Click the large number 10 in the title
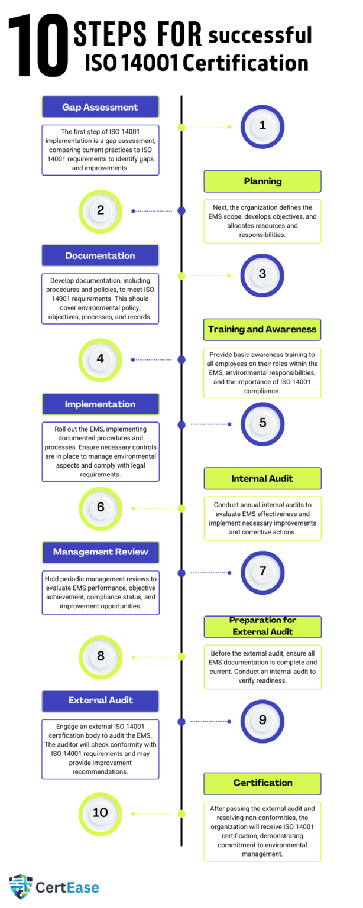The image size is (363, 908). click(38, 46)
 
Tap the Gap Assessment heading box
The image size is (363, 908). click(100, 107)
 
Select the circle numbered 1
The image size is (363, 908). click(262, 127)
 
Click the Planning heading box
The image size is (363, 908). click(262, 181)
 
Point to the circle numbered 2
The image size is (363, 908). click(100, 211)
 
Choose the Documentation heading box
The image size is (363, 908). click(100, 255)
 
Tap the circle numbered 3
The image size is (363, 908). click(262, 275)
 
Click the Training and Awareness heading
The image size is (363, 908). click(262, 329)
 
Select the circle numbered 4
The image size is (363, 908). click(100, 360)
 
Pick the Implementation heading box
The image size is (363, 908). click(100, 404)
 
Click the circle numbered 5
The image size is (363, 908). click(262, 424)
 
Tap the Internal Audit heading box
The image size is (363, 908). click(262, 478)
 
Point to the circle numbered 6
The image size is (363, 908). click(100, 509)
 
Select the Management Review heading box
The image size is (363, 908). click(100, 552)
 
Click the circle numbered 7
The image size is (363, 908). click(262, 572)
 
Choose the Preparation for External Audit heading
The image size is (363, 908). click(262, 626)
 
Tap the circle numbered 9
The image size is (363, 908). click(262, 721)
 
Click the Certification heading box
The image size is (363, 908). click(262, 783)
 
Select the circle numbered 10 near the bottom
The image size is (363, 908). click(100, 813)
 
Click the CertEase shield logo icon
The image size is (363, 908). click(21, 887)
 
